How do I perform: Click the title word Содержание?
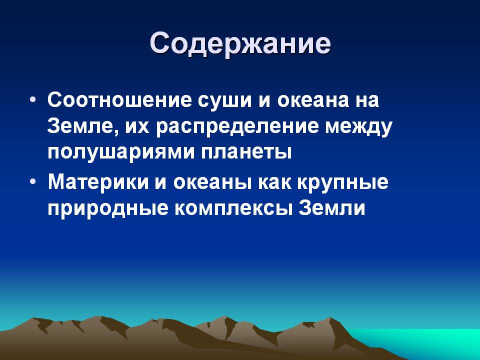[x=240, y=43]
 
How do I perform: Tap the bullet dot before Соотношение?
[x=33, y=100]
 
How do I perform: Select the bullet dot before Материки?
[x=33, y=181]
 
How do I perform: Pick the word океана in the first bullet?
[x=313, y=100]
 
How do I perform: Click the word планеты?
[x=246, y=152]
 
